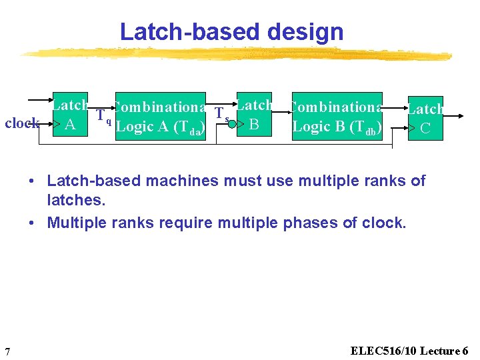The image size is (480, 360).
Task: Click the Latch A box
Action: click(x=70, y=115)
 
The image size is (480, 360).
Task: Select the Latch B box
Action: click(x=254, y=115)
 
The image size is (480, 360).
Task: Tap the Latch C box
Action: click(x=425, y=118)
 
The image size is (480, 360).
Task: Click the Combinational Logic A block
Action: click(x=160, y=117)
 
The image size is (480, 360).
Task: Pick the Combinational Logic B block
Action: click(x=337, y=116)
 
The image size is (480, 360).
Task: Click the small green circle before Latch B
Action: click(x=232, y=124)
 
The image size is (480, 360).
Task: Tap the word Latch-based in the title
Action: click(x=181, y=32)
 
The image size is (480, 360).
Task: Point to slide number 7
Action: click(x=7, y=351)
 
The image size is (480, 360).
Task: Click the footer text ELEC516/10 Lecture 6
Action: click(x=409, y=351)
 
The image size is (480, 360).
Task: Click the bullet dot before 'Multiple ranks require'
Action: click(x=32, y=223)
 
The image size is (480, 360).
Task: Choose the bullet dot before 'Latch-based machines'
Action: click(x=32, y=181)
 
